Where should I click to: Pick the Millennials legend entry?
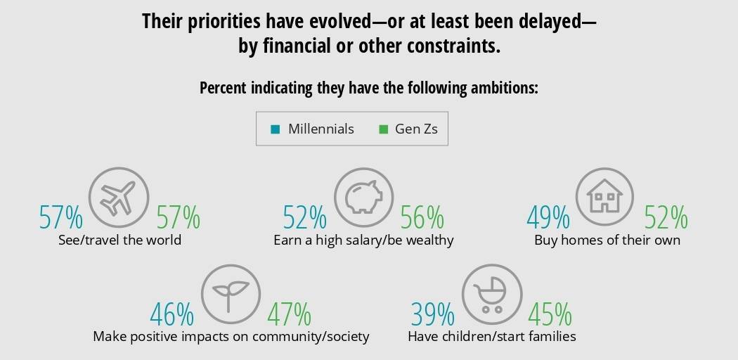click(313, 129)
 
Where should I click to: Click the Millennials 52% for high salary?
click(305, 219)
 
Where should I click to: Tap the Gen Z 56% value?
click(422, 219)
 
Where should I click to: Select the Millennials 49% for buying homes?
click(548, 219)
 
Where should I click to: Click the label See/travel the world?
click(120, 240)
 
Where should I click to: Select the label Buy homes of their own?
click(607, 240)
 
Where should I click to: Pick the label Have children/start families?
click(492, 337)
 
